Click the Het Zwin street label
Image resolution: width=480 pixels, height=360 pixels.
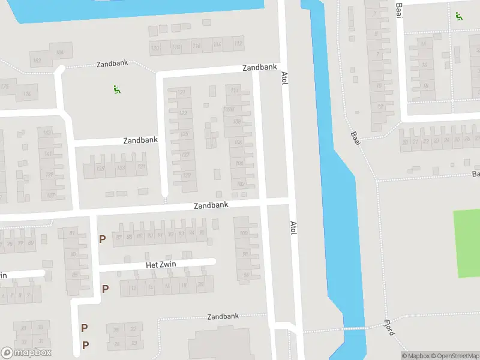coord(159,265)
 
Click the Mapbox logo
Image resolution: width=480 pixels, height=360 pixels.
coord(26,353)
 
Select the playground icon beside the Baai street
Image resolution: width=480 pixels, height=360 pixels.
coord(459,16)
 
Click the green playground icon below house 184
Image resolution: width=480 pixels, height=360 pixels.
coord(117,90)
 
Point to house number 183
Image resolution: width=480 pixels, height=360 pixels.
coord(37,61)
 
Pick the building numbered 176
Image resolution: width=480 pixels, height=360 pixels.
coord(26,94)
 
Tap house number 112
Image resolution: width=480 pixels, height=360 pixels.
coord(238,44)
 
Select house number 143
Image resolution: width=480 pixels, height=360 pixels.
coord(47,133)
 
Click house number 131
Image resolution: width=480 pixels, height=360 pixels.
coord(142,167)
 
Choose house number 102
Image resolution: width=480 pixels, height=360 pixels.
coord(241,184)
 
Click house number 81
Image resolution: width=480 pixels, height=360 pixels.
coord(73,233)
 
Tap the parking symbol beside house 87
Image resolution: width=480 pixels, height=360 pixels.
coord(103,239)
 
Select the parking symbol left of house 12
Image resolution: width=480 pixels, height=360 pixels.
coord(105,289)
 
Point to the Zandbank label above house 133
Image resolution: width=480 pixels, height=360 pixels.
coord(140,140)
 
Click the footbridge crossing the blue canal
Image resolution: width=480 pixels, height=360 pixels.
coord(353,328)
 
